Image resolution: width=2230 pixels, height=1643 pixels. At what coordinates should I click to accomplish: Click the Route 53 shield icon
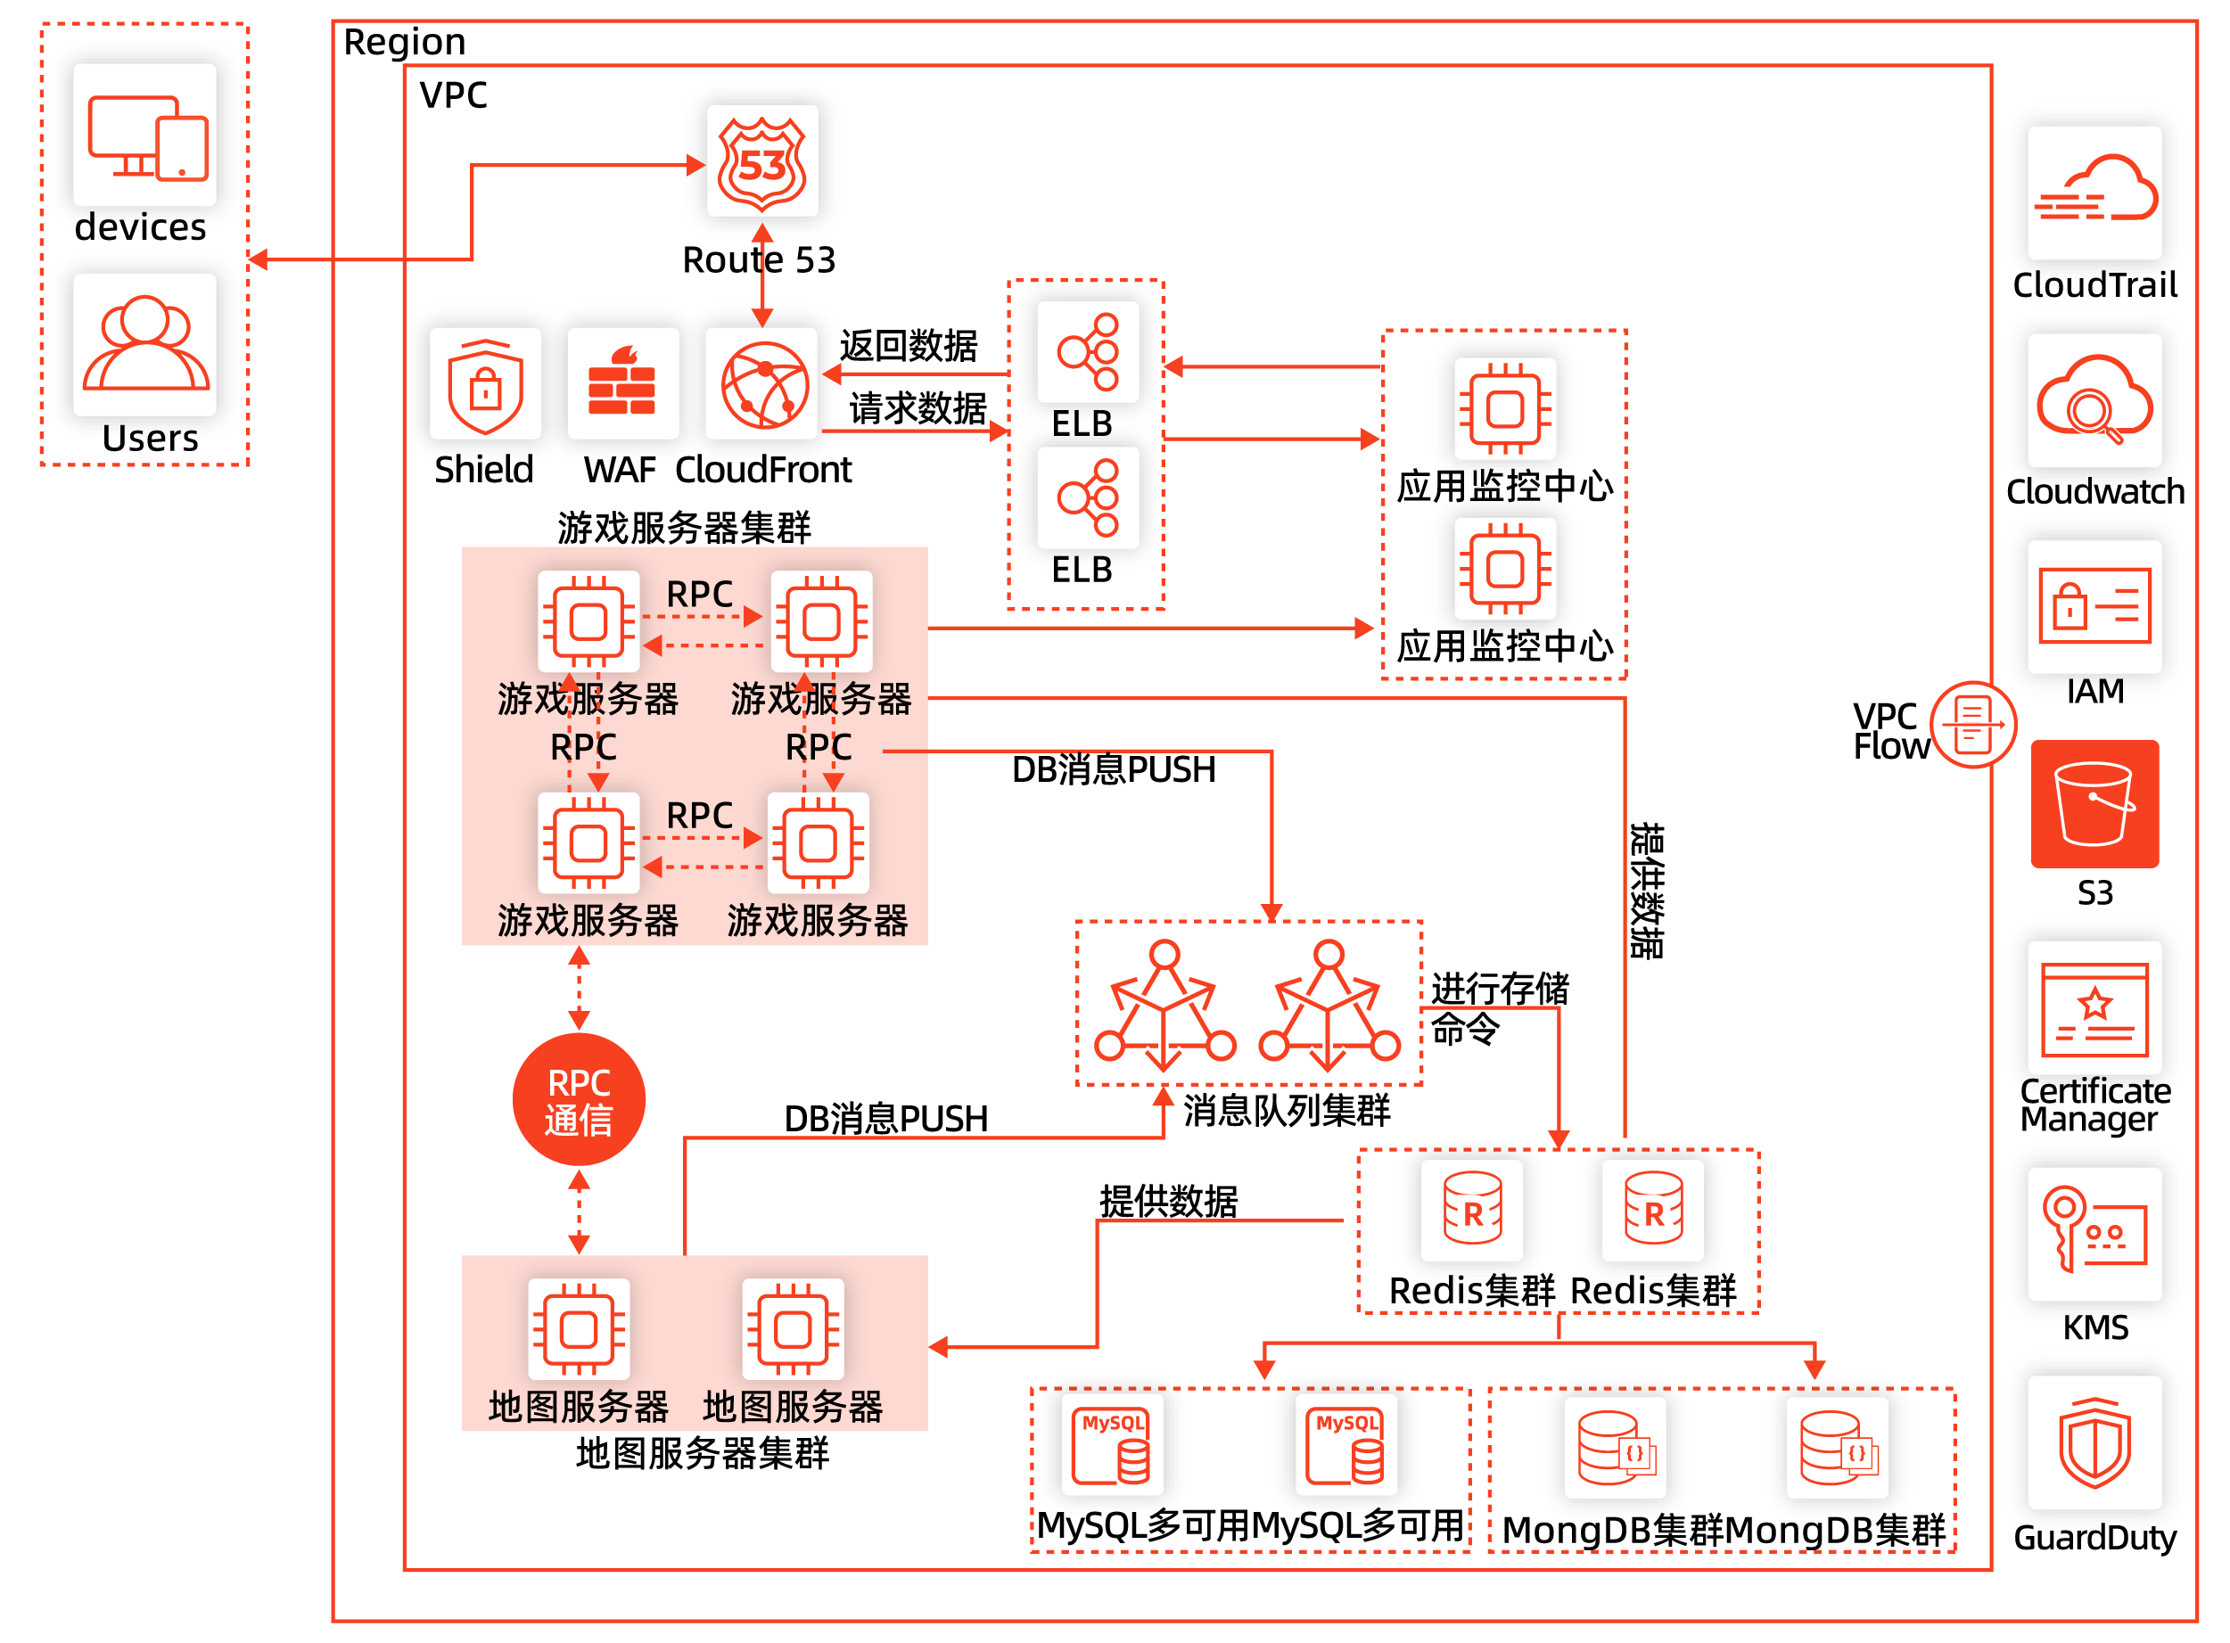(x=761, y=161)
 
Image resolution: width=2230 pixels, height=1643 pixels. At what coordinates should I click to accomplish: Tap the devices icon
(x=145, y=136)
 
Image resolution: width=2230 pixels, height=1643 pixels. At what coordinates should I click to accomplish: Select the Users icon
(x=145, y=343)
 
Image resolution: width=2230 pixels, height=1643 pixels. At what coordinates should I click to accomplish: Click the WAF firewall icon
(x=622, y=384)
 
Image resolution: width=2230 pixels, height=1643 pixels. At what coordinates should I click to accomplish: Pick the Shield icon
(x=485, y=386)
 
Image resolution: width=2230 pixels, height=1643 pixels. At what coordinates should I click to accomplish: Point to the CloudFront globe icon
(x=763, y=384)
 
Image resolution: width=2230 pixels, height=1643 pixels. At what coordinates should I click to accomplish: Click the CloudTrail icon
(x=2094, y=192)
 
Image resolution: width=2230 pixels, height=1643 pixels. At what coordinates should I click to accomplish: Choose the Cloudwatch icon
(x=2094, y=399)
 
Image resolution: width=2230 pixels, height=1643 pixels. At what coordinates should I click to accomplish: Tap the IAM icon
(x=2094, y=604)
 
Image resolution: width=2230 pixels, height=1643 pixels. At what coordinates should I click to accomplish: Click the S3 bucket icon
(x=2094, y=803)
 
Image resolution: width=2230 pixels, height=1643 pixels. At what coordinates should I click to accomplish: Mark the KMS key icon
(x=2094, y=1233)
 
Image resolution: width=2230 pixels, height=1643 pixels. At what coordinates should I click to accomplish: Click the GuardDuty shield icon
(x=2094, y=1442)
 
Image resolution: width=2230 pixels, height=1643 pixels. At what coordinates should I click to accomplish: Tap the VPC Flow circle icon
(x=1972, y=724)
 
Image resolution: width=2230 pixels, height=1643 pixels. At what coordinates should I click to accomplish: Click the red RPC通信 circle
(x=579, y=1099)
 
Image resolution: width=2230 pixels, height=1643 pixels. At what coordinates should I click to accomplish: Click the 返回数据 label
(x=908, y=346)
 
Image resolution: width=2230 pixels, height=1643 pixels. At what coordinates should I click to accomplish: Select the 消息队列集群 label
(x=1286, y=1110)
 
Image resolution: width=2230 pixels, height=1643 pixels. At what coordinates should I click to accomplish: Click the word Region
(x=404, y=42)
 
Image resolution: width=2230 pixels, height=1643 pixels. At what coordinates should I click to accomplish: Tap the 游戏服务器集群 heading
(x=684, y=527)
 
